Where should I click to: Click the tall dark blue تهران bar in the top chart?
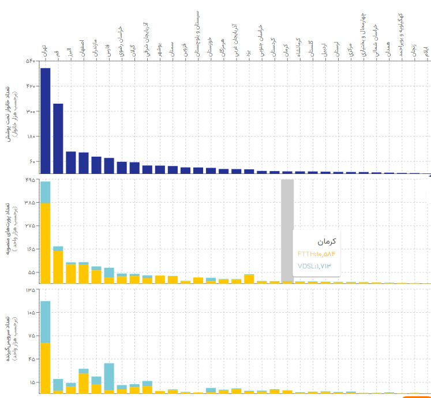pyautogui.click(x=45, y=120)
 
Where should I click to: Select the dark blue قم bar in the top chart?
pyautogui.click(x=58, y=138)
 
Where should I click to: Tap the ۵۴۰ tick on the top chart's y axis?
pyautogui.click(x=30, y=61)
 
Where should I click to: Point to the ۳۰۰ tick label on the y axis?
pyautogui.click(x=30, y=111)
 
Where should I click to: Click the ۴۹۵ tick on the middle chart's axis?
pyautogui.click(x=30, y=180)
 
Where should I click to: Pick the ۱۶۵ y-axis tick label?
pyautogui.click(x=30, y=249)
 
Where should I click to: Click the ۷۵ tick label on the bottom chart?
pyautogui.click(x=31, y=336)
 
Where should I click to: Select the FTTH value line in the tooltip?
pyautogui.click(x=316, y=253)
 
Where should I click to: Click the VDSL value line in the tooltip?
pyautogui.click(x=315, y=266)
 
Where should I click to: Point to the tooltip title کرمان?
pyautogui.click(x=326, y=241)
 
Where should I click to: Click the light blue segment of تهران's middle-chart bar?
pyautogui.click(x=45, y=192)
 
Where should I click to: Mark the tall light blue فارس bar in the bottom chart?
pyautogui.click(x=108, y=376)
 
